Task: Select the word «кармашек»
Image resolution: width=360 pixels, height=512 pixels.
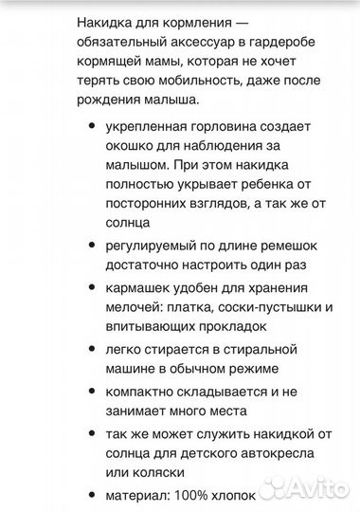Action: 141,282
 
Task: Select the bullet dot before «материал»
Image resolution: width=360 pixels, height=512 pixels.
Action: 90,492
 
